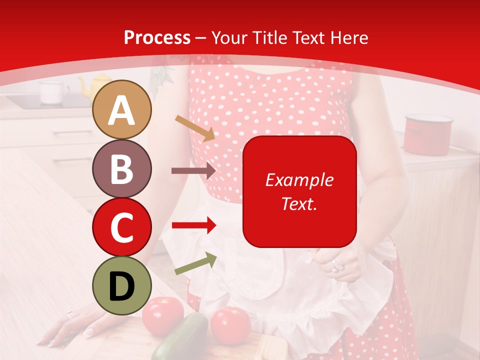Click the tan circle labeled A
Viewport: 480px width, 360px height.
[122, 110]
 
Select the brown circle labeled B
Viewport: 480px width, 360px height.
[122, 168]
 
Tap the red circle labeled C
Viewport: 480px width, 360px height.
[122, 226]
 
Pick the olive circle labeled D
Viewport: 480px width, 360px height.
[122, 285]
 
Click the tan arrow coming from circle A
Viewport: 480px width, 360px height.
[195, 128]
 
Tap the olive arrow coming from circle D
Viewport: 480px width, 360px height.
[195, 263]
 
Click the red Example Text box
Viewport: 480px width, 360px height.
[299, 191]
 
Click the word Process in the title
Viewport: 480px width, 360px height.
[157, 37]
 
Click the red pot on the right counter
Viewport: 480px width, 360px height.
[428, 134]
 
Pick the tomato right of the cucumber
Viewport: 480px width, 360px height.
[230, 325]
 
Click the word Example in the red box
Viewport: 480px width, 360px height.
[299, 180]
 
